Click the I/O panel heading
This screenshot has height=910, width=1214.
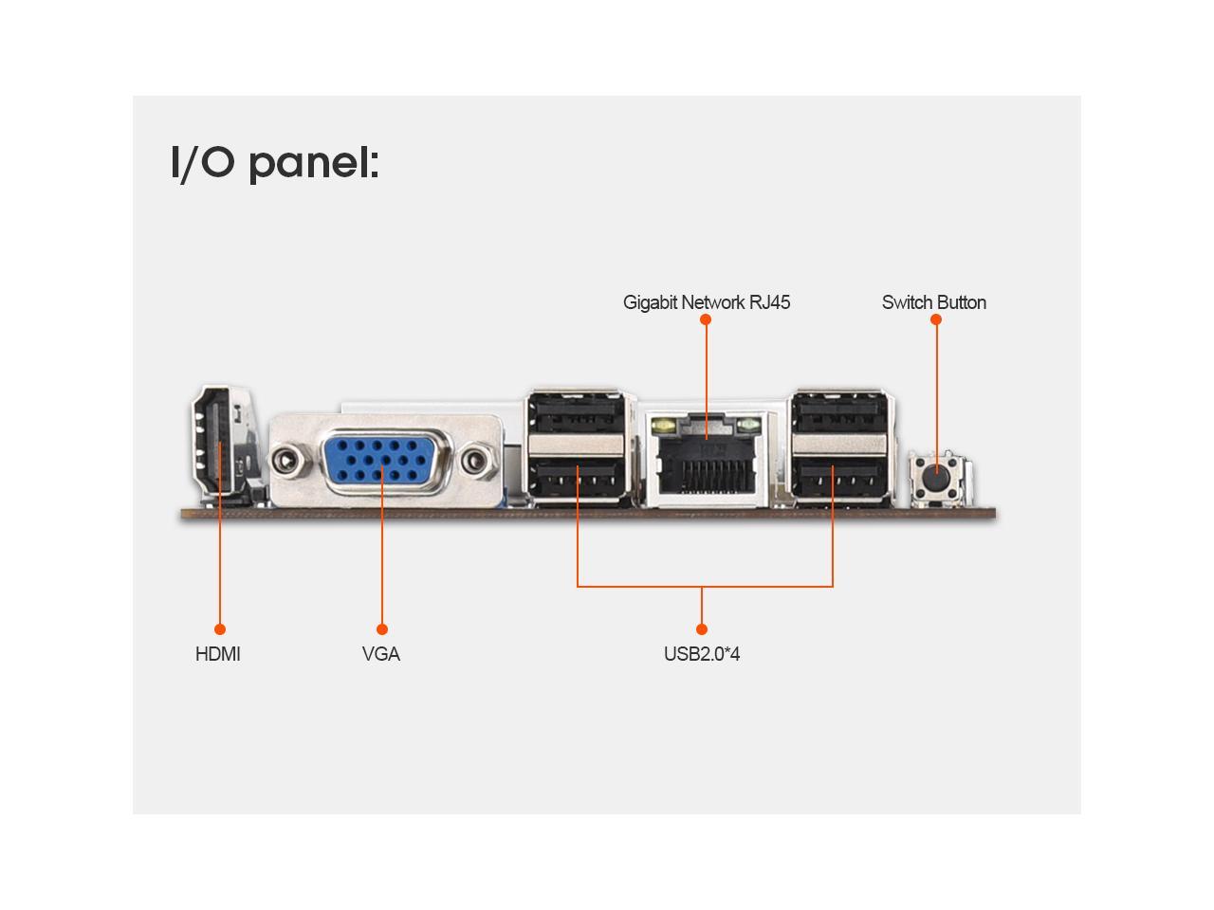pyautogui.click(x=275, y=162)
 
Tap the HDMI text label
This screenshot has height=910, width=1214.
pyautogui.click(x=217, y=654)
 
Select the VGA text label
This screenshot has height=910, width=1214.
pyautogui.click(x=381, y=654)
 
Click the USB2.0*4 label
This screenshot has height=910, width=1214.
pyautogui.click(x=702, y=654)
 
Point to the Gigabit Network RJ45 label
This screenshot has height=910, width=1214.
pyautogui.click(x=707, y=302)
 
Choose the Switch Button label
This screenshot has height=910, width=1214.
pyautogui.click(x=934, y=302)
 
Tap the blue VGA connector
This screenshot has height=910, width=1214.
pyautogui.click(x=383, y=463)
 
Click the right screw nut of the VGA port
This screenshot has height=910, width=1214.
pyautogui.click(x=479, y=463)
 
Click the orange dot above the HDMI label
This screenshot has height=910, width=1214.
pyautogui.click(x=220, y=629)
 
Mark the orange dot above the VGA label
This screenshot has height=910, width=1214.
pyautogui.click(x=382, y=629)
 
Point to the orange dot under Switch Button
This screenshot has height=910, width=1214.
pyautogui.click(x=936, y=319)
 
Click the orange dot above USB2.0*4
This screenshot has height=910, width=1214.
pyautogui.click(x=702, y=629)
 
